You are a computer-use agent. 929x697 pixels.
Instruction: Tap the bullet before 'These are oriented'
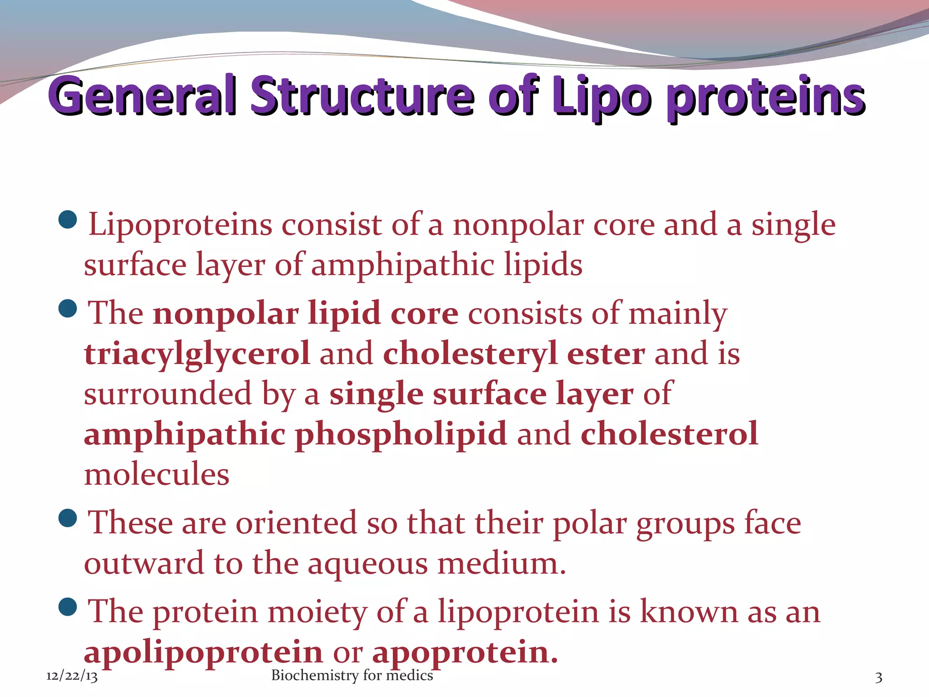coord(68,519)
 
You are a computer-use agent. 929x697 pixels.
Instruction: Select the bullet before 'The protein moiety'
coord(68,607)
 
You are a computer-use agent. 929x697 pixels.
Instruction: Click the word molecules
coord(156,474)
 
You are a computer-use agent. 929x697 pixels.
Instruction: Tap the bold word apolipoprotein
coord(203,652)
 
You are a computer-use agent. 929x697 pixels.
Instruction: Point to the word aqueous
coord(367,564)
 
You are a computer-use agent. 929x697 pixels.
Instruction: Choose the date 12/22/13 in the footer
coord(72,676)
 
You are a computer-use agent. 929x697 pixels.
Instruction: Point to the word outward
coord(144,564)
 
